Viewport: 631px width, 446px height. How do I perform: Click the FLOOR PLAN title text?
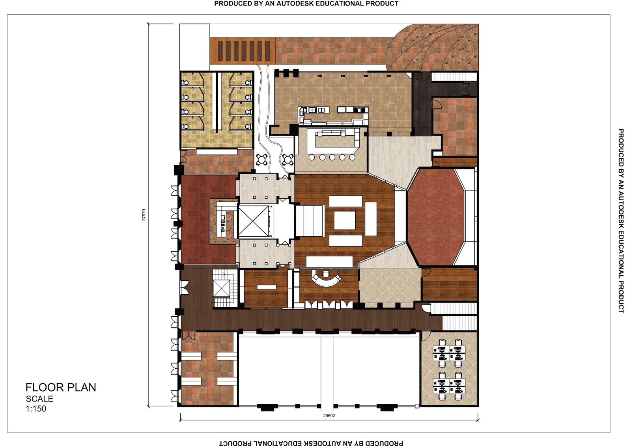(61, 387)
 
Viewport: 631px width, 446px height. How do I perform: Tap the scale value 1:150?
(36, 409)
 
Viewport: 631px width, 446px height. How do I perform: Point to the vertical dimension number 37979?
(144, 215)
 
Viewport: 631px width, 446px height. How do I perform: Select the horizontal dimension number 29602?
(329, 416)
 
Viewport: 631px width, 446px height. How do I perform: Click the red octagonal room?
(435, 216)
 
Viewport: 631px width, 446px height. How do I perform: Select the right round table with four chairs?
(288, 160)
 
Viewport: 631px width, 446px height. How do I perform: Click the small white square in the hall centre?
(345, 220)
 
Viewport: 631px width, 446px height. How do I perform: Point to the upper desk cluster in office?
(449, 350)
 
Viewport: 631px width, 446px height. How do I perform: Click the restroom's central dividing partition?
(216, 102)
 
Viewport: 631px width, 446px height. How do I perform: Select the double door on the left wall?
(184, 287)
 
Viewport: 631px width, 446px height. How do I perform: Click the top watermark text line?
(306, 4)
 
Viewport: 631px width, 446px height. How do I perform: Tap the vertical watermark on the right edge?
(621, 221)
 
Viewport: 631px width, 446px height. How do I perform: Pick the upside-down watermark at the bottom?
(311, 443)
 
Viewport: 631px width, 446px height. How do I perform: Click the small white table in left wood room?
(267, 287)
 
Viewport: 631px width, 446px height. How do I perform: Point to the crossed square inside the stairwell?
(221, 288)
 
